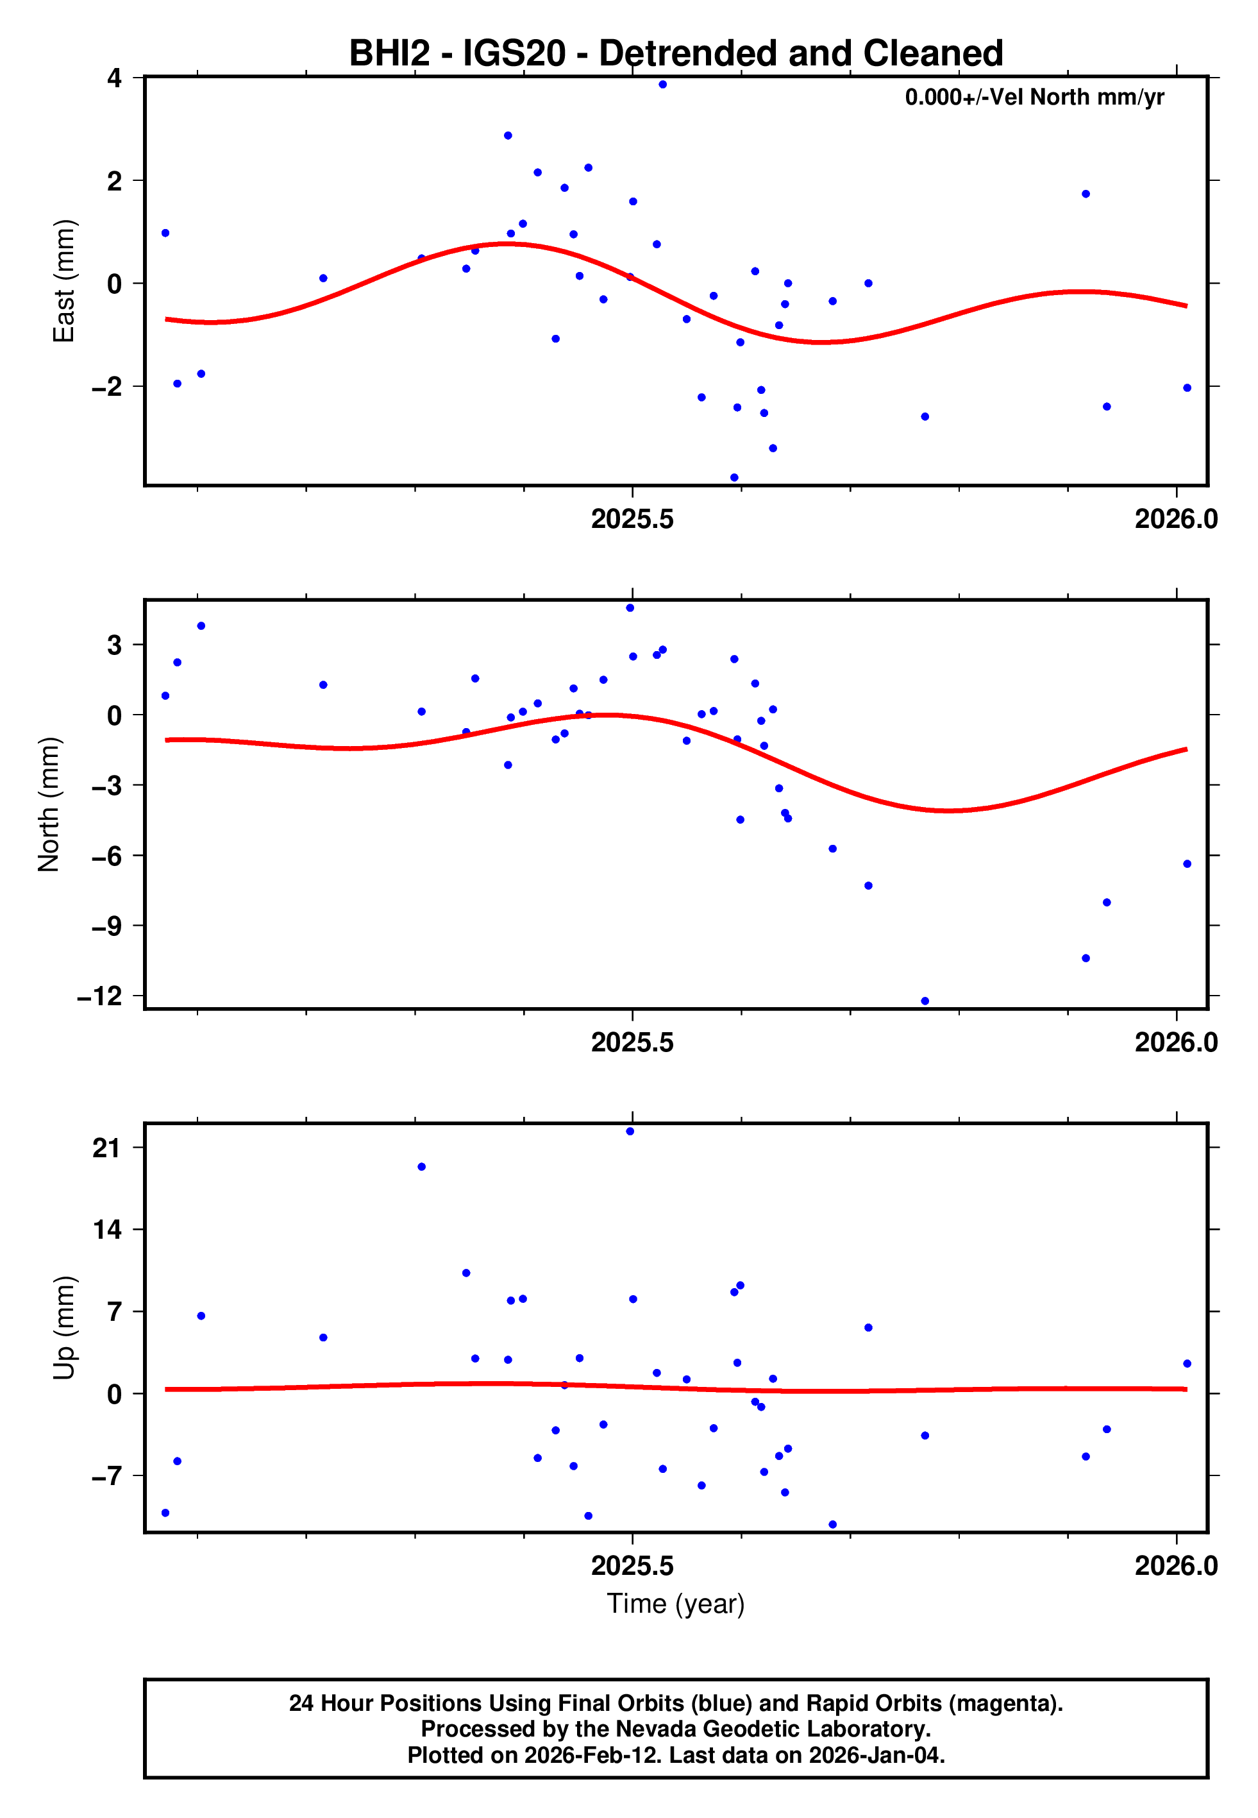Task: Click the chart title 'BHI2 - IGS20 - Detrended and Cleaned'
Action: (x=676, y=54)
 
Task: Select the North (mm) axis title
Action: (x=49, y=804)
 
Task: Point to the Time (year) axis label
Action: (x=676, y=1604)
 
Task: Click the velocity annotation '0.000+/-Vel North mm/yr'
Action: (x=1034, y=97)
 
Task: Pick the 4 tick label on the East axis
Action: (x=115, y=78)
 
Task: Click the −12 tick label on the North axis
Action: (x=99, y=996)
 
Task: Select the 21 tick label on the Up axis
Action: (x=106, y=1148)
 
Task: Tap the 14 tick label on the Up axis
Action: (x=106, y=1229)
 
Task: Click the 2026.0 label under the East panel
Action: (x=1176, y=519)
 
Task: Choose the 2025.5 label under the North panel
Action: (x=632, y=1042)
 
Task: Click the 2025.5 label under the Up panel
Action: (x=632, y=1566)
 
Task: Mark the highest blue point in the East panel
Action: (x=663, y=84)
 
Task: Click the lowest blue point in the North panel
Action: (x=925, y=1001)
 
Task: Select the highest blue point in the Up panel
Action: (x=630, y=1132)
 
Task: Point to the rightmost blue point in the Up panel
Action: (x=1187, y=1364)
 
